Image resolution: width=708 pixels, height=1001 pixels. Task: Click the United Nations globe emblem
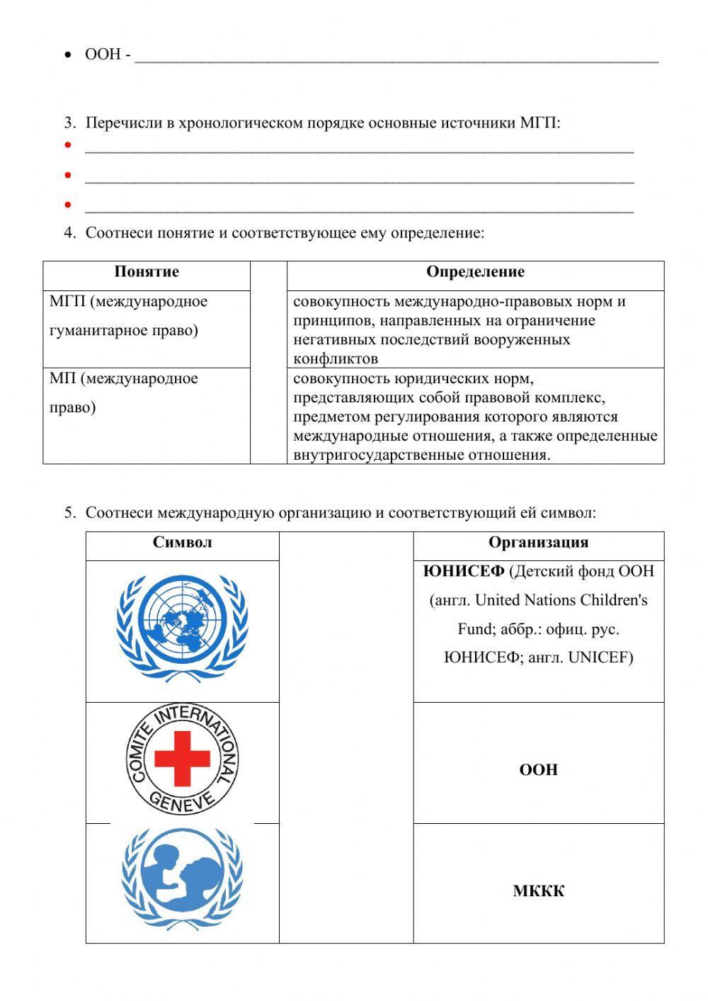183,626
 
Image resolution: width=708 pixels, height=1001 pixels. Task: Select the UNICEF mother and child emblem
183,878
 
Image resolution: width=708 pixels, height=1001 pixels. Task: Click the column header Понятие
147,272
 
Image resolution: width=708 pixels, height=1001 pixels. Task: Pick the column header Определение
475,272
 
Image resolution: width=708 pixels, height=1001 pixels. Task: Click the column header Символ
182,543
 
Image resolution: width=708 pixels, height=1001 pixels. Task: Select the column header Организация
538,543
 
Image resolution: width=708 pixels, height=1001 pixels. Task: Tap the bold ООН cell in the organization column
538,769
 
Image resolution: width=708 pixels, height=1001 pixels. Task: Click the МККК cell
538,891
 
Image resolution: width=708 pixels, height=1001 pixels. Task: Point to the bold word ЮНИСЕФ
464,571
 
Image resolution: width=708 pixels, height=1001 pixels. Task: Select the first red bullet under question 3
68,145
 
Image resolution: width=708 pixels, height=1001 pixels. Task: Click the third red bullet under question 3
68,205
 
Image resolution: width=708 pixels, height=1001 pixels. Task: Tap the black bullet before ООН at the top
68,55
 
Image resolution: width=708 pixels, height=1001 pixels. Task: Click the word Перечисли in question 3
124,123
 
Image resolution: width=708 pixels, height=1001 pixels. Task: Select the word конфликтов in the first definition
335,358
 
